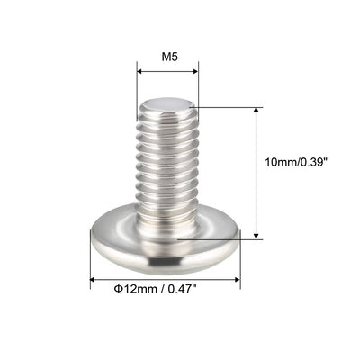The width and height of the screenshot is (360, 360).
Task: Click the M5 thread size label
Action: click(x=167, y=56)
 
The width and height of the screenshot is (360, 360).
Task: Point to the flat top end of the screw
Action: click(x=167, y=105)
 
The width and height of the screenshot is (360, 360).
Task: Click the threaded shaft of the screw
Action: click(x=167, y=162)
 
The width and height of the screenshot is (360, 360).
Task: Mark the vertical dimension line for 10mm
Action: click(x=257, y=171)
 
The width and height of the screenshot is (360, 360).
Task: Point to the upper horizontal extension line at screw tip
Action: click(x=229, y=107)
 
